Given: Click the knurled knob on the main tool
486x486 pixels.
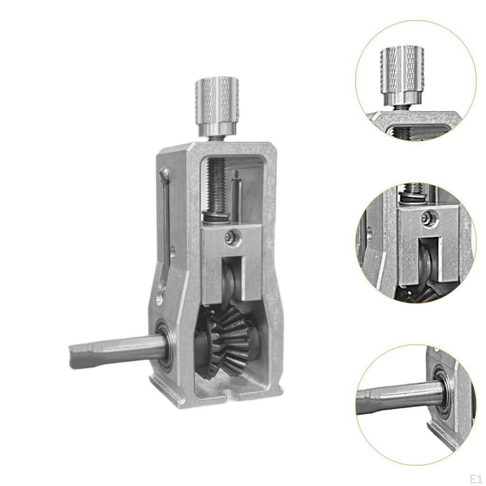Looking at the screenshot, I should [x=216, y=104].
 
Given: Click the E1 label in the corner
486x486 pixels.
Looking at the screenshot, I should [x=475, y=477].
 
